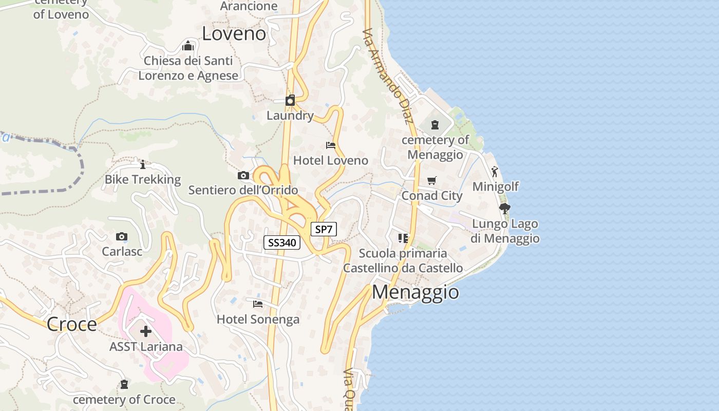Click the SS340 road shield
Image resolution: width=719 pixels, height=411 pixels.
coord(282,242)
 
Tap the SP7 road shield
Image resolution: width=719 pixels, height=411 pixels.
coord(324,229)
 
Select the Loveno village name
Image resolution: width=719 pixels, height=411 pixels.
coord(234,34)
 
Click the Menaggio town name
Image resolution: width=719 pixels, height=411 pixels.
coord(415,292)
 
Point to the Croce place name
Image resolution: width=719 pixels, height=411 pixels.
coord(71,324)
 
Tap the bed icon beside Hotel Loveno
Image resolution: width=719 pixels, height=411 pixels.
coord(331,145)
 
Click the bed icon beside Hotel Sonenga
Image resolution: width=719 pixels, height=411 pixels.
coord(258,304)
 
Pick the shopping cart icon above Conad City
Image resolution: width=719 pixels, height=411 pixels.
coord(432,181)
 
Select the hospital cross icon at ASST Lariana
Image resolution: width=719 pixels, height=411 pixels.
coord(146,331)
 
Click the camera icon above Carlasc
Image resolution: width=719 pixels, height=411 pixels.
coord(122,237)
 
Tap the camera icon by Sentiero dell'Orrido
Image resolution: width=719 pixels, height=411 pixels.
coord(243,176)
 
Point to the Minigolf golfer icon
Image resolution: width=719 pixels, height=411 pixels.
coord(495,172)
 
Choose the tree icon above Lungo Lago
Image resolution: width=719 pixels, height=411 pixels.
coord(505,209)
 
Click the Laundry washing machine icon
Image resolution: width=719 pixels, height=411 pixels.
coord(290,100)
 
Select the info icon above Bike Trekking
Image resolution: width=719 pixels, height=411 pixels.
coord(143,164)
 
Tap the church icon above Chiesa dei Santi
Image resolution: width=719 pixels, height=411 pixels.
coord(188,46)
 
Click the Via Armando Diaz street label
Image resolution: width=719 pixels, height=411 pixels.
coord(388,76)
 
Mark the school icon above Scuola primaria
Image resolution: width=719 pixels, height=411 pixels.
coord(403,238)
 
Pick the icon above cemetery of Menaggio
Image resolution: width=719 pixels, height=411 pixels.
coord(435,125)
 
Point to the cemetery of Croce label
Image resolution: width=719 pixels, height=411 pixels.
coord(124,399)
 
